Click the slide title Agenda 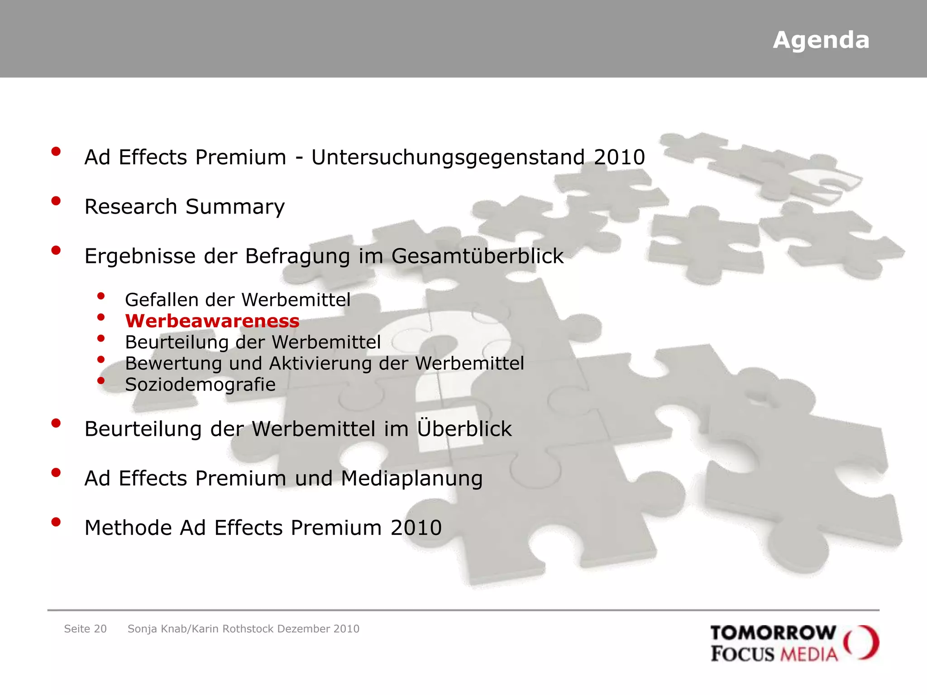(821, 40)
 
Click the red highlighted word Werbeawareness (212, 321)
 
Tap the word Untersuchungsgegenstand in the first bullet (448, 158)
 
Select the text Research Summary (185, 207)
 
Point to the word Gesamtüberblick (477, 257)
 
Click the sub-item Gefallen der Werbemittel (238, 300)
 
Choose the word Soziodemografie (200, 385)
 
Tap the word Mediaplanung (411, 479)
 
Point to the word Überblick (464, 428)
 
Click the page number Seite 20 (85, 629)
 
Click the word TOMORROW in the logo (773, 633)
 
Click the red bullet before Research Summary (56, 201)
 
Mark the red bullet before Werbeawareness (101, 317)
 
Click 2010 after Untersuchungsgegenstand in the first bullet (619, 158)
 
